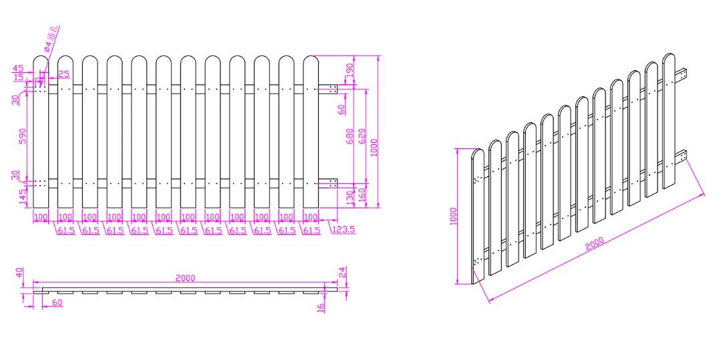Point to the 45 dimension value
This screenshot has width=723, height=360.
pyautogui.click(x=18, y=68)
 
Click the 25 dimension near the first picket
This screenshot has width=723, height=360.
pyautogui.click(x=63, y=73)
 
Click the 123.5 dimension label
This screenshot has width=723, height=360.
pyautogui.click(x=343, y=229)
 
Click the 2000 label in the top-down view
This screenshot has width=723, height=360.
pyautogui.click(x=185, y=279)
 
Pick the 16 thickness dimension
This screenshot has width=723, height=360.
pyautogui.click(x=321, y=307)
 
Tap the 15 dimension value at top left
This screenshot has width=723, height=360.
pyautogui.click(x=18, y=77)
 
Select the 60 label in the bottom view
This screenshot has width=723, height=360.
pyautogui.click(x=57, y=303)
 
